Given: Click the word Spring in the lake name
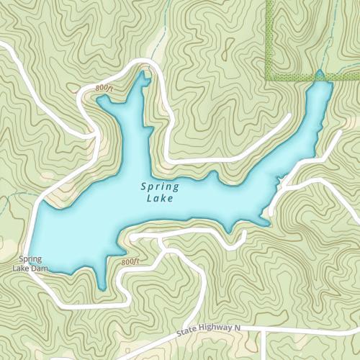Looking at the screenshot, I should point(160,186).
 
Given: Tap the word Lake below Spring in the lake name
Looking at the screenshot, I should point(159,198).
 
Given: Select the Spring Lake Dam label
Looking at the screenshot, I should point(30,264).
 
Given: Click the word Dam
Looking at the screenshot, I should point(42,269).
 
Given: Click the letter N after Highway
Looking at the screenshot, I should point(235,327).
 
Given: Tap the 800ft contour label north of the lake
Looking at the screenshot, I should point(104,88).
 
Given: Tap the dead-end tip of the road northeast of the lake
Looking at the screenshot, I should point(289,114).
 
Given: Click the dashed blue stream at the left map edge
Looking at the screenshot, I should point(6,209).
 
